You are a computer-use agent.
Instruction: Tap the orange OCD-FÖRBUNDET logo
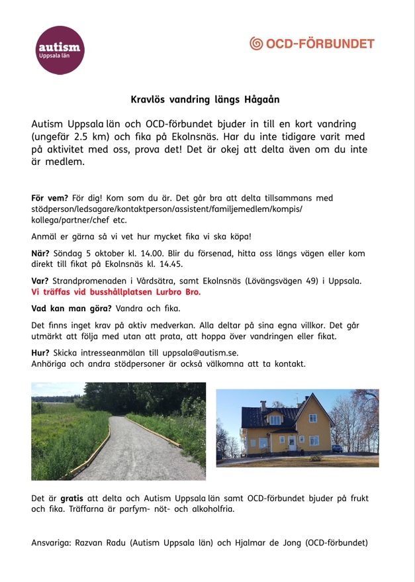coord(312,44)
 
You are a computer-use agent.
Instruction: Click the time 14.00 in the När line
coord(159,252)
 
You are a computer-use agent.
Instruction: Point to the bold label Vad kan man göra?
coord(72,309)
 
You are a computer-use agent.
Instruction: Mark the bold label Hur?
coord(40,352)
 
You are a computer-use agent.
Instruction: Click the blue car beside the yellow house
coord(338,448)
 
